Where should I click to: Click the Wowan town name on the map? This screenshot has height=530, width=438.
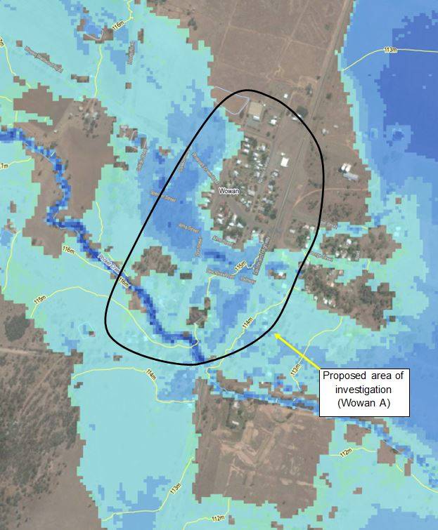[229, 190]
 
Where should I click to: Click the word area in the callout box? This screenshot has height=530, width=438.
[370, 377]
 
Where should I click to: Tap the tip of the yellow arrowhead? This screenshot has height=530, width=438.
[276, 334]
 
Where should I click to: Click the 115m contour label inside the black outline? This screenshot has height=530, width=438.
[240, 268]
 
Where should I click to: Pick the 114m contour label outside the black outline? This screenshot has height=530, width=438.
[150, 373]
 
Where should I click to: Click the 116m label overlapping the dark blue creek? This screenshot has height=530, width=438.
[125, 282]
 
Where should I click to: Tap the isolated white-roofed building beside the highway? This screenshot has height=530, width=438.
[285, 161]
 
